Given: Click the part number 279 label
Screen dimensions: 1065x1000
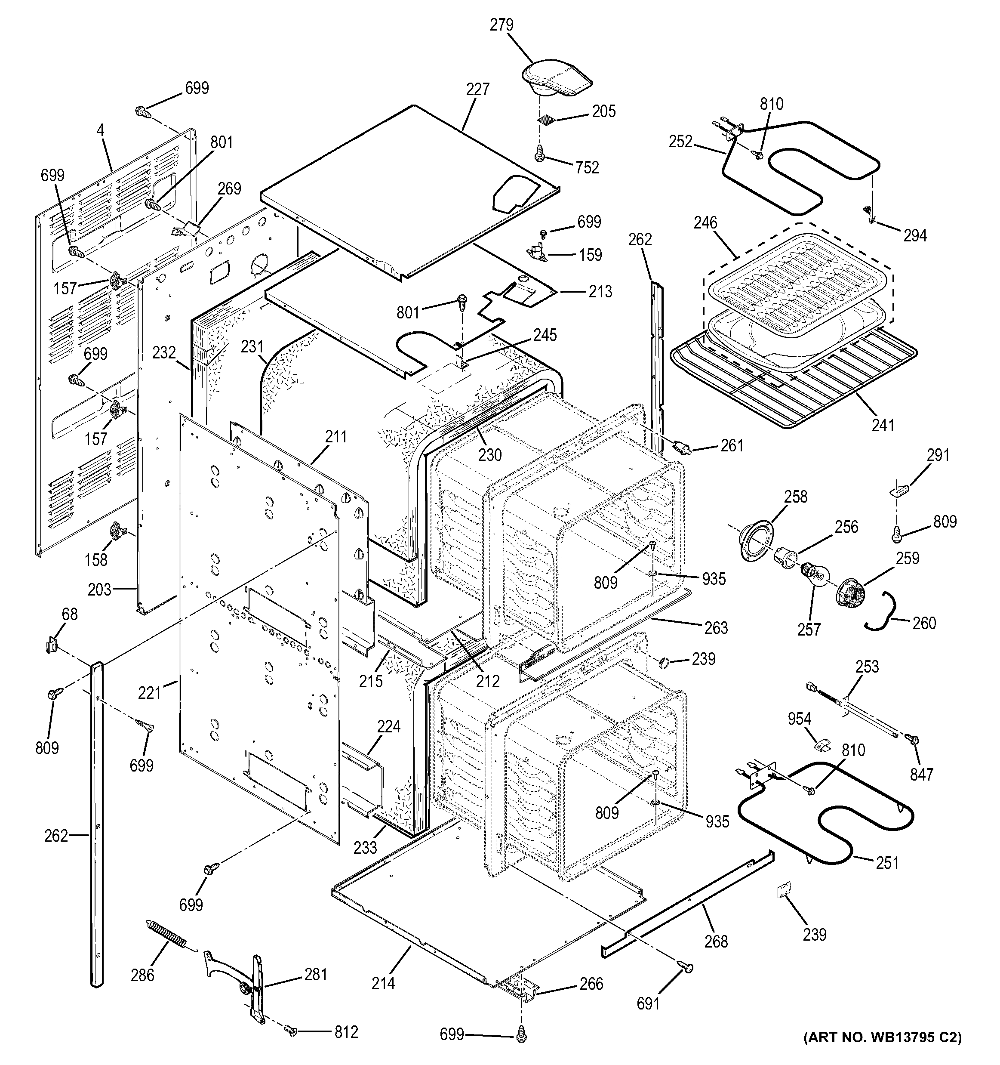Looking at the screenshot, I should [501, 25].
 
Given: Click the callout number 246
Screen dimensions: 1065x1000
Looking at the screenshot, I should [705, 223].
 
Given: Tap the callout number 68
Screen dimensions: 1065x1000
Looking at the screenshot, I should [70, 614].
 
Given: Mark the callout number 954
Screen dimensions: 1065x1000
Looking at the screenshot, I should [799, 719].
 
